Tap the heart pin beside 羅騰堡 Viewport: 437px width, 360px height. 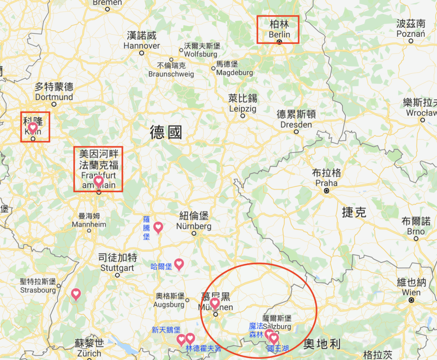click(158, 227)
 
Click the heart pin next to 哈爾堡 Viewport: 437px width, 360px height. click(179, 264)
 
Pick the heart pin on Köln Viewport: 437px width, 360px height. click(33, 128)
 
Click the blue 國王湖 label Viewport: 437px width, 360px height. click(277, 349)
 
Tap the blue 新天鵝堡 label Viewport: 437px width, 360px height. click(166, 330)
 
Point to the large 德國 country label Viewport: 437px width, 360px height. click(166, 133)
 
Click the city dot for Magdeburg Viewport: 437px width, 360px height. click(213, 68)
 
